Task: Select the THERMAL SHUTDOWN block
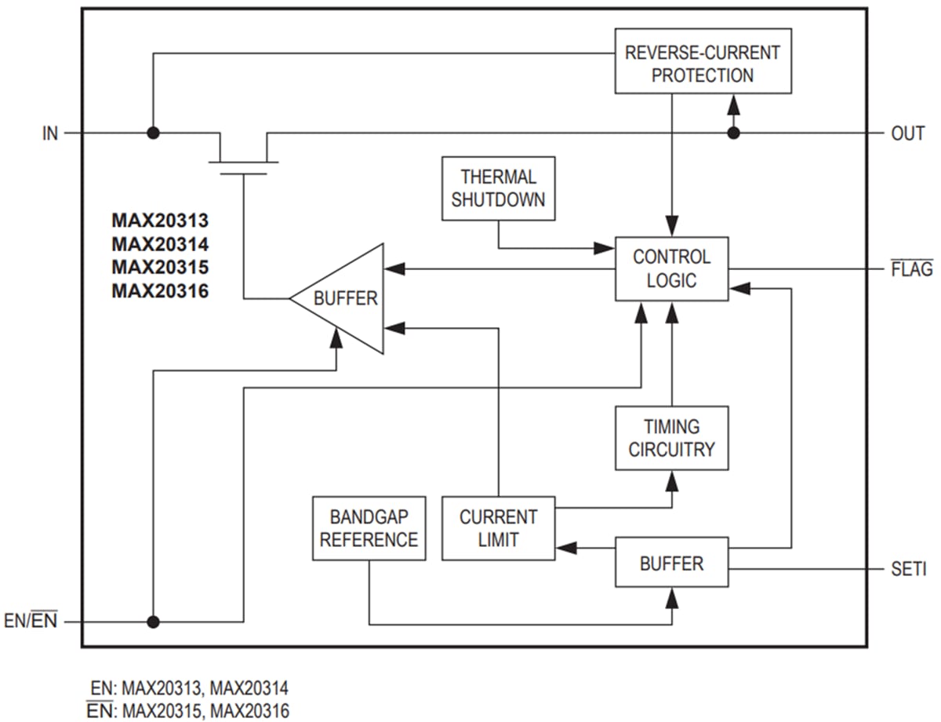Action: coord(498,188)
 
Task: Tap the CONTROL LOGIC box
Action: coord(671,268)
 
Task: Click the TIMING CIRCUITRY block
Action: coord(671,438)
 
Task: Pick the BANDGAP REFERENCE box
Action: coord(369,528)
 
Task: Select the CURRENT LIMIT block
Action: coord(498,528)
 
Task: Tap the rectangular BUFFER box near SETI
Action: coord(671,562)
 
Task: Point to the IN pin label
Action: coord(49,133)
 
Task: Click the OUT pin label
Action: coord(907,133)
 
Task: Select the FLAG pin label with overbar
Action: coord(912,269)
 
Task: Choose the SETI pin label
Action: coord(908,568)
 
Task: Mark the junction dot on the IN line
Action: coord(153,133)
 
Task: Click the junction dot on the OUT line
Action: coord(733,133)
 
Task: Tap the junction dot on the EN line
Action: coord(153,622)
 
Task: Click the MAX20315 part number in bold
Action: coord(160,267)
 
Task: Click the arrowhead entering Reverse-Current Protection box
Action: coord(733,104)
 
